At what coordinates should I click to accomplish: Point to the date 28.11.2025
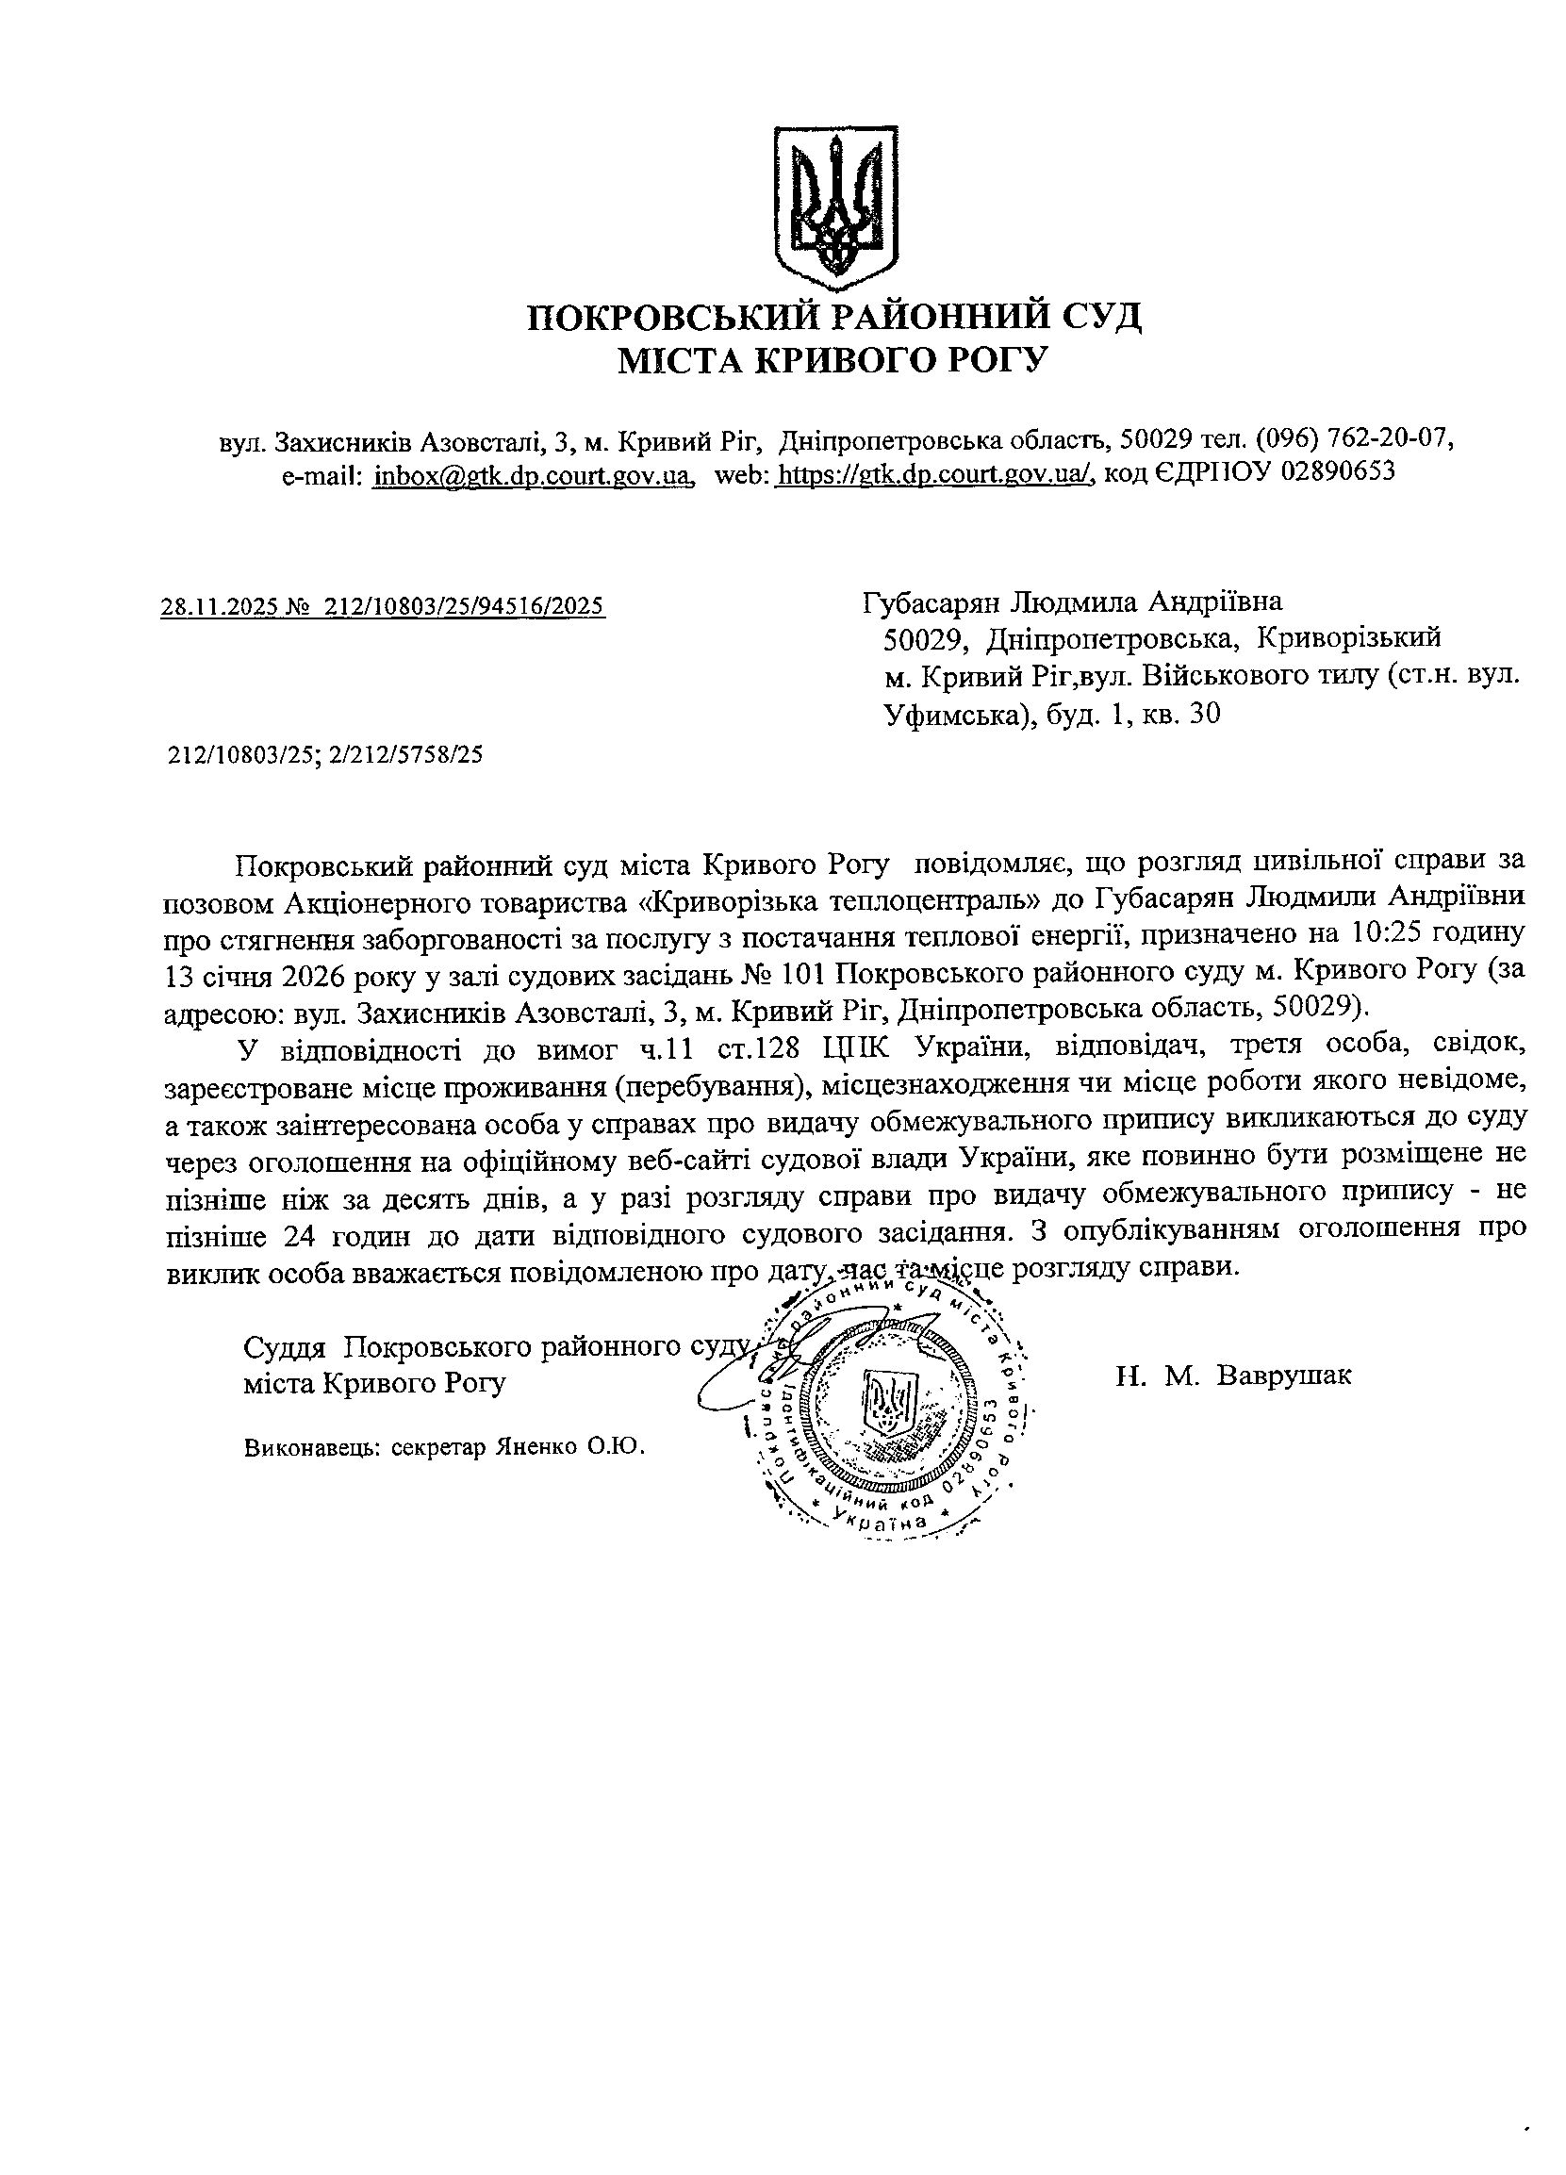220,606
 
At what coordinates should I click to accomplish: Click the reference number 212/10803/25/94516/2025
464,606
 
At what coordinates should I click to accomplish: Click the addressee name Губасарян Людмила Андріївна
1072,602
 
